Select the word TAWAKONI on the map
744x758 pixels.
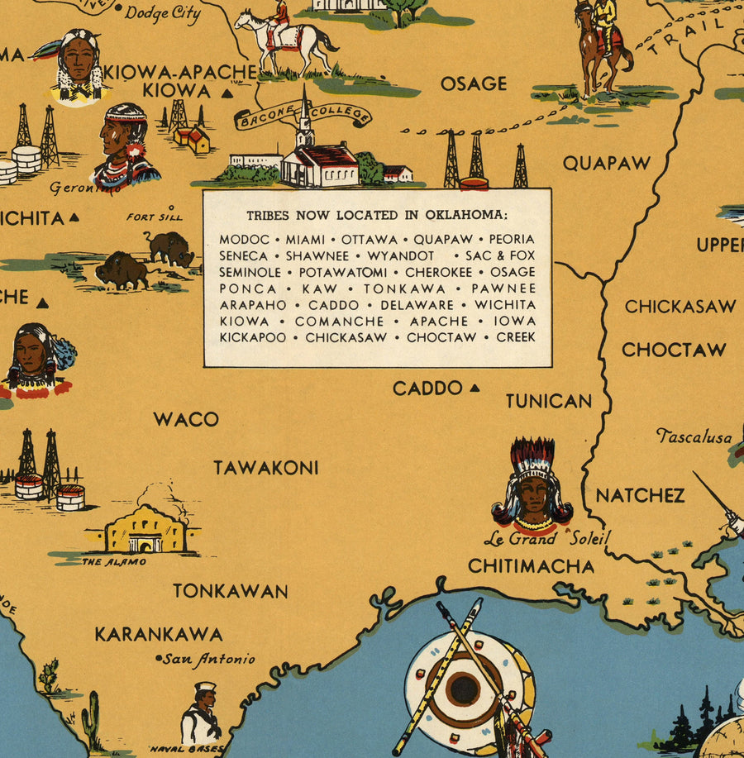265,468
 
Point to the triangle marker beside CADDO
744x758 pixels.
475,388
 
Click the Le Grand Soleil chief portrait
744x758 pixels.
532,488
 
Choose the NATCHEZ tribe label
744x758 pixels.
640,496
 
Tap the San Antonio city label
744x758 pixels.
207,660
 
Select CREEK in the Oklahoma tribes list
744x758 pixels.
516,337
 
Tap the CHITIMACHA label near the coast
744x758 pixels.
531,566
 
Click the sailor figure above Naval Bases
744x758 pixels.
201,713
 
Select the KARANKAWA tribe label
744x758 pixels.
158,635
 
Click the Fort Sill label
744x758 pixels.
152,217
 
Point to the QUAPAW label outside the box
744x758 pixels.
607,163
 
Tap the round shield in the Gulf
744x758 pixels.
463,688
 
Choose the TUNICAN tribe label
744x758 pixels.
549,401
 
